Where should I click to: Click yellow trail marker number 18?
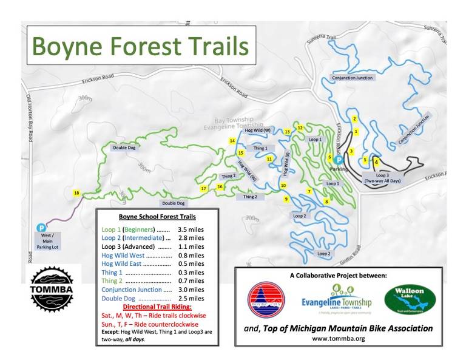pos(76,193)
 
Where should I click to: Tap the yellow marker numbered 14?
pos(232,141)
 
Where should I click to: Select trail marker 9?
pos(286,199)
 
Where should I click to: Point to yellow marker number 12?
pos(300,127)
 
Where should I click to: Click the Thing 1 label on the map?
pos(260,148)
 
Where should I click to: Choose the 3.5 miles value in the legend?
pos(190,230)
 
